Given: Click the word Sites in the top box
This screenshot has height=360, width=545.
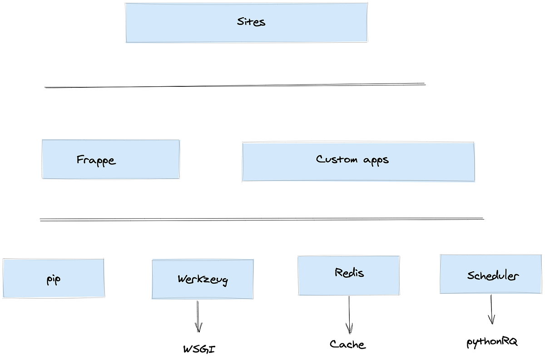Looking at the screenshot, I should click(251, 22).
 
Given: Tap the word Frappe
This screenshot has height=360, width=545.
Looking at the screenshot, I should click(96, 160).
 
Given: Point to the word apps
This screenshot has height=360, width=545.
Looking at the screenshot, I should click(376, 160).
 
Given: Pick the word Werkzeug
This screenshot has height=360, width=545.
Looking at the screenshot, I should click(203, 280).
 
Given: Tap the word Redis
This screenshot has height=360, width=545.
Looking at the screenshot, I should click(349, 273).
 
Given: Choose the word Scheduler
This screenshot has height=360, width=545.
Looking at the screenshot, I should click(493, 275).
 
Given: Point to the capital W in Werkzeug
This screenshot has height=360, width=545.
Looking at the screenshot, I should click(182, 279).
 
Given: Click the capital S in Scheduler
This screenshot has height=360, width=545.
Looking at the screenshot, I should click(471, 275).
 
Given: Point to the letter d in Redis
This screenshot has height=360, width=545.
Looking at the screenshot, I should click(353, 272).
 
